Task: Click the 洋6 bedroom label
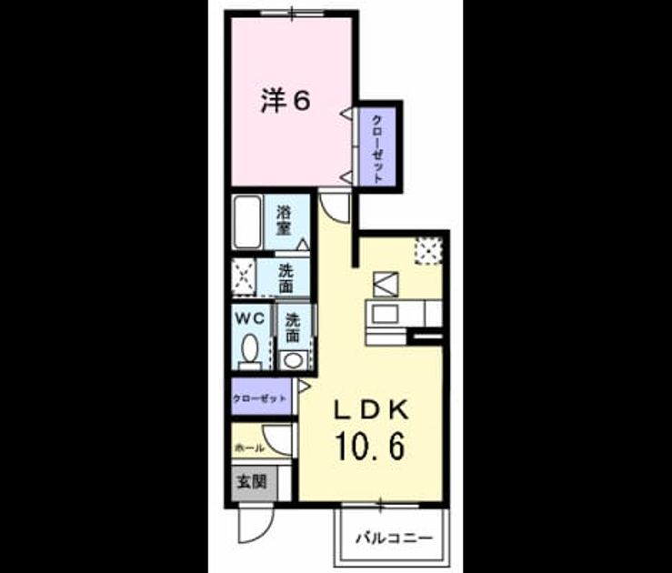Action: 285,102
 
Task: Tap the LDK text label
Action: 371,411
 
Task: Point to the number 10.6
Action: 371,447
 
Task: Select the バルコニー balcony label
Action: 395,538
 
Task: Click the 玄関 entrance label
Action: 253,482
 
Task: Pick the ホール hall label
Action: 250,448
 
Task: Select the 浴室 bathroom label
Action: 284,220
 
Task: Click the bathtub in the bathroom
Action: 247,222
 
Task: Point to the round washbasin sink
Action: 293,360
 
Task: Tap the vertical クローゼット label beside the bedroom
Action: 377,148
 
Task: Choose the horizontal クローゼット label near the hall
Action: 259,398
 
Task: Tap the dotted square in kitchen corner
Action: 428,251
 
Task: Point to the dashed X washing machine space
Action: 244,277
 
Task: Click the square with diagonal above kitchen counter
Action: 386,284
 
